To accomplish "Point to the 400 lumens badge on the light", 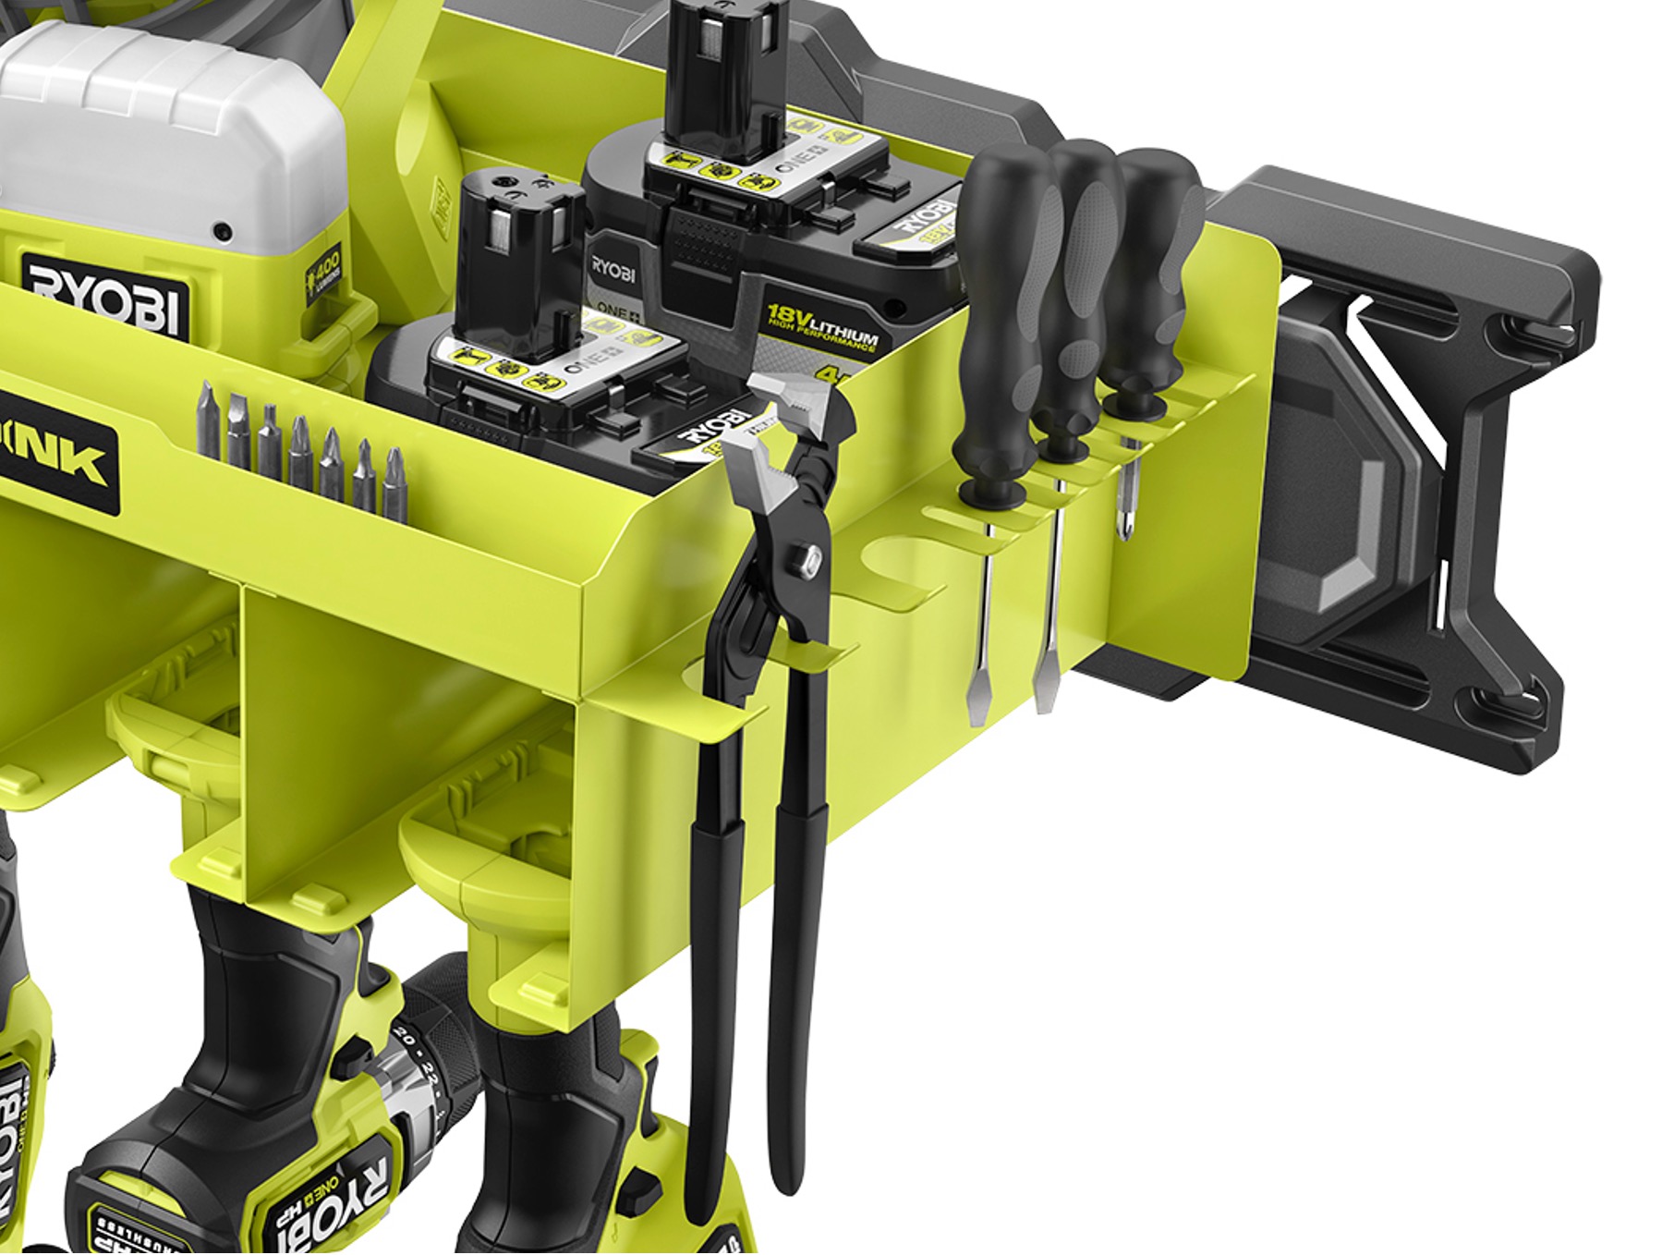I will tap(324, 268).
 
